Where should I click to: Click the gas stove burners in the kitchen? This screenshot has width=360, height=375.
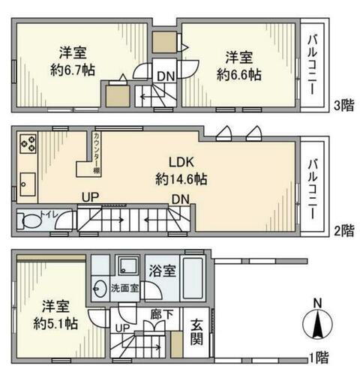28,142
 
